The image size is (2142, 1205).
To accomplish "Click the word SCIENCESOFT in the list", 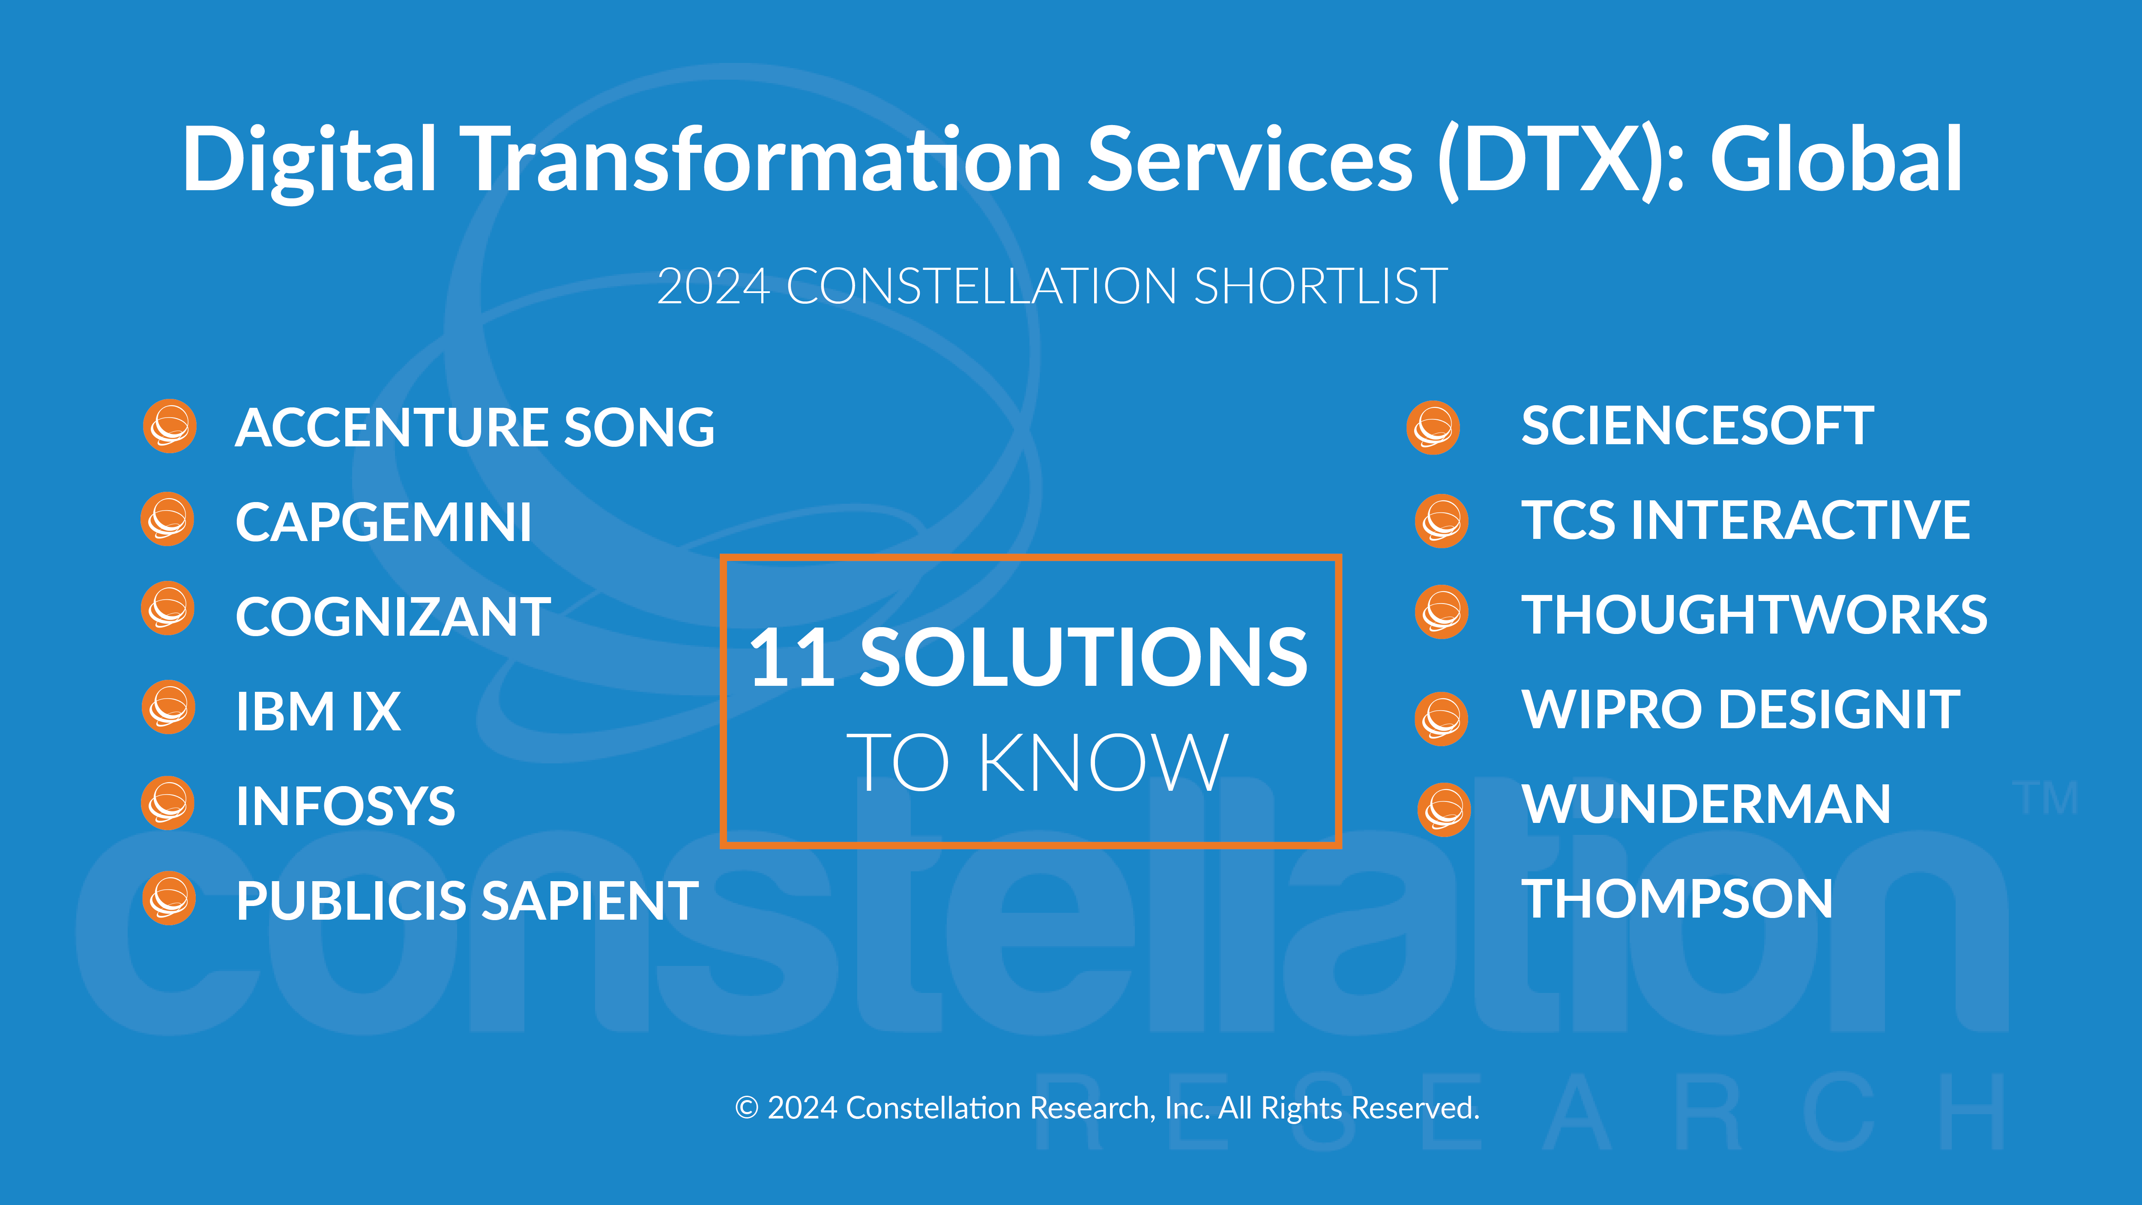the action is click(x=1697, y=427).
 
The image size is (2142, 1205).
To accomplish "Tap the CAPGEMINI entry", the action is click(x=383, y=522).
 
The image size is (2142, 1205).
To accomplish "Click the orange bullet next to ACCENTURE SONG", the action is click(x=170, y=427).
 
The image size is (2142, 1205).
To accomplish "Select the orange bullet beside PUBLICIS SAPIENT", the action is click(x=169, y=898).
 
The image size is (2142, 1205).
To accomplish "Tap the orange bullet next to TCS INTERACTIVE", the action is click(x=1442, y=521).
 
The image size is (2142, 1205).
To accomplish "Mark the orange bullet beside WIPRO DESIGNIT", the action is click(x=1442, y=718).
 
